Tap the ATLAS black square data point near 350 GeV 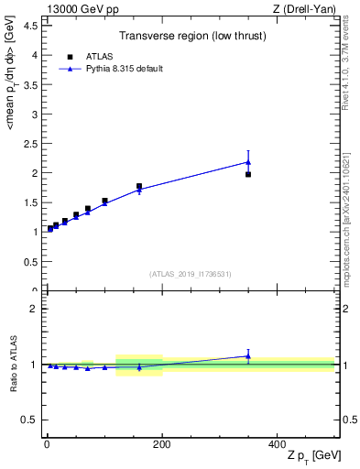pos(248,174)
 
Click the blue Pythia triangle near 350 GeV pos(248,162)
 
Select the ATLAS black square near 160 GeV pos(139,186)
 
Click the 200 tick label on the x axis pos(162,445)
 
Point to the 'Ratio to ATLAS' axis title pos(14,365)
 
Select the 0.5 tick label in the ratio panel pos(31,420)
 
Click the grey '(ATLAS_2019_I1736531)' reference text pos(191,274)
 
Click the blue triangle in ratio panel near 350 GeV pos(248,356)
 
